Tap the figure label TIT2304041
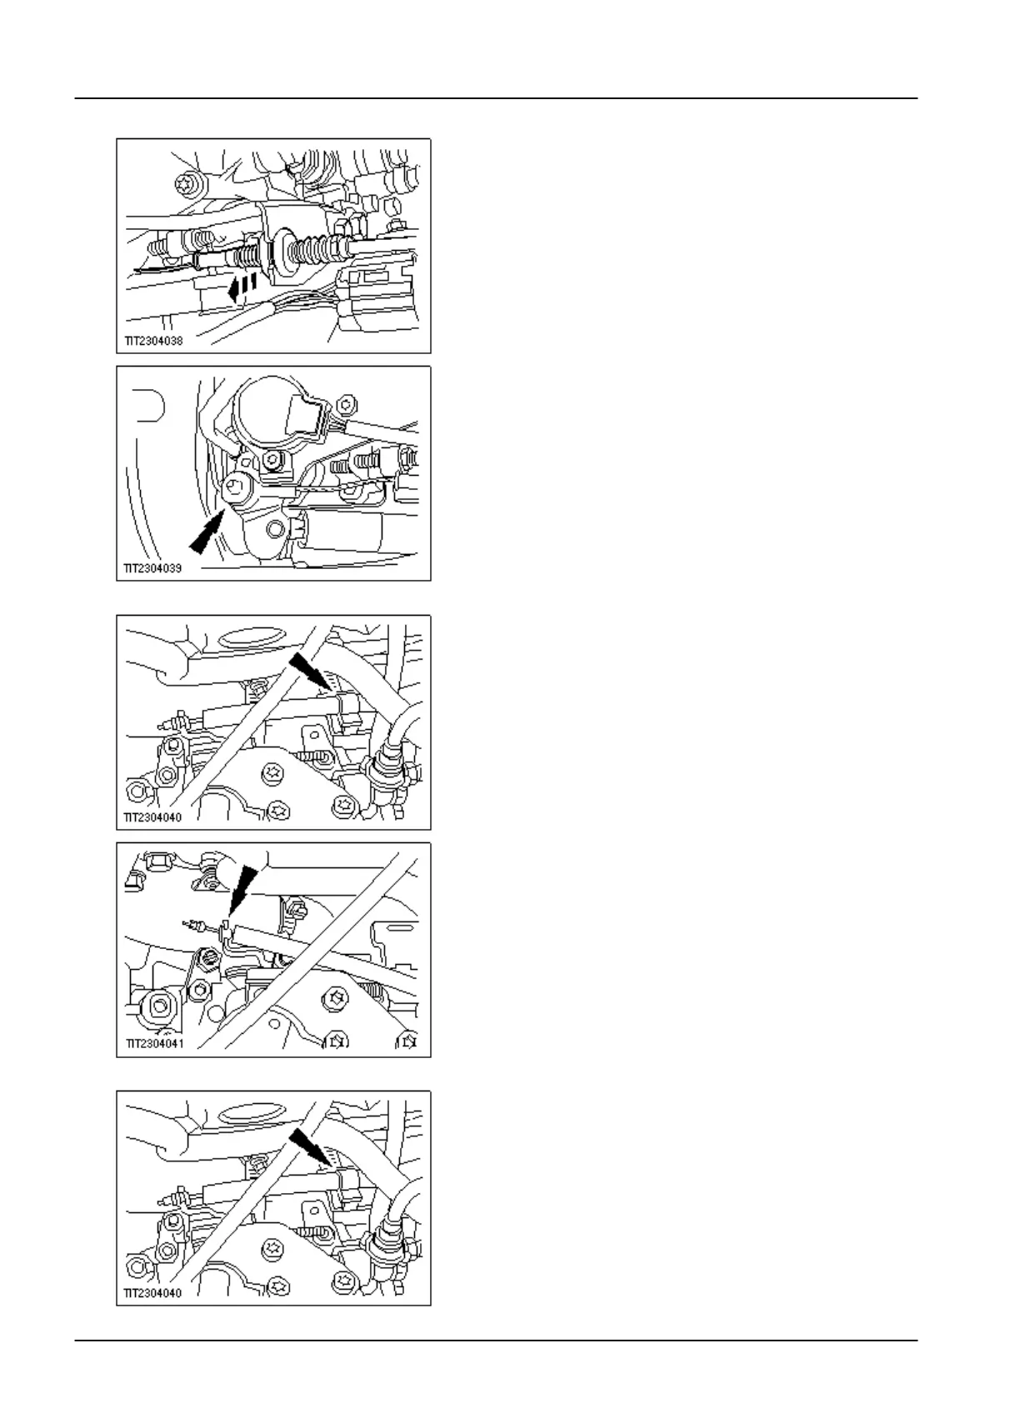tap(155, 1042)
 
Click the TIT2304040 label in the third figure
tap(152, 817)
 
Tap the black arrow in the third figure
tap(311, 672)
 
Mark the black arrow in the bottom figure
tap(311, 1146)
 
